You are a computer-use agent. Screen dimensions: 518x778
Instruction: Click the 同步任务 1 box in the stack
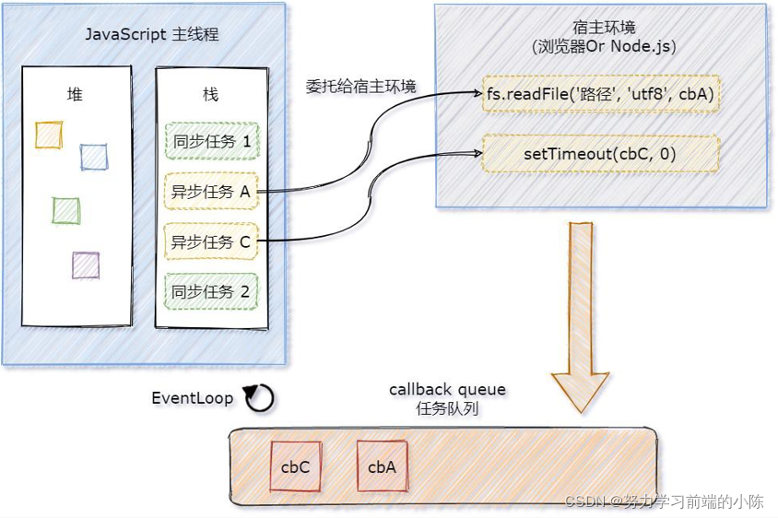211,142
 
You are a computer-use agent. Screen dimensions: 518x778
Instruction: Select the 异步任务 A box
211,192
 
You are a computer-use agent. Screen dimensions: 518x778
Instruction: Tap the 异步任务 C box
211,241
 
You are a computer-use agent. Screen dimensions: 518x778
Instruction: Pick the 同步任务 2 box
211,291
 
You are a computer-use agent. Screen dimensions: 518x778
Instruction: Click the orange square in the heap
49,135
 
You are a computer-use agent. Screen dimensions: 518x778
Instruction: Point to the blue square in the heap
93,157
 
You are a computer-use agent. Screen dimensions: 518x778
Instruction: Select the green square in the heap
65,210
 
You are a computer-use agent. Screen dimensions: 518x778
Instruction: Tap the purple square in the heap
85,265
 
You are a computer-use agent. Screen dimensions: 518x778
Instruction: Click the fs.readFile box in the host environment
600,93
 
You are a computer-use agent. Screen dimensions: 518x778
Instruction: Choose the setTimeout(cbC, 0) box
600,154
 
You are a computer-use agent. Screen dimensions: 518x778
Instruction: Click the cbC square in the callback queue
295,466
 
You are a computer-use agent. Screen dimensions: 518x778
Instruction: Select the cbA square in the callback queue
382,466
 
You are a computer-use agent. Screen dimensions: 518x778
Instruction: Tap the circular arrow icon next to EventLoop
259,398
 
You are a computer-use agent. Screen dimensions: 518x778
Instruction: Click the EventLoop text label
192,398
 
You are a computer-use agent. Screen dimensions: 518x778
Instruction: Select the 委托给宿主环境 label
360,88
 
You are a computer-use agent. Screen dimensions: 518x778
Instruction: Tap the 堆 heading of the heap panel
75,94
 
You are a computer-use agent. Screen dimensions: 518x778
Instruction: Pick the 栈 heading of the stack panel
210,94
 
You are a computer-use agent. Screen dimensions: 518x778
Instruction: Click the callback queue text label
447,390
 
